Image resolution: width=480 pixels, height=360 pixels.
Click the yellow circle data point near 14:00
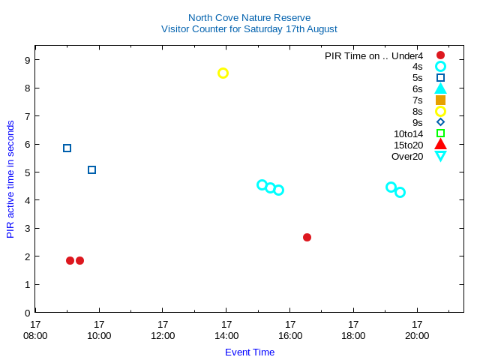[x=223, y=73]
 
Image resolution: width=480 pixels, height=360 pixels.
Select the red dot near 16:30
[x=307, y=237]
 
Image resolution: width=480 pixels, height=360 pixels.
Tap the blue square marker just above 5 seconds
[x=91, y=170]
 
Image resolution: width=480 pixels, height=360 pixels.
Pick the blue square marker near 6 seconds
[x=67, y=148]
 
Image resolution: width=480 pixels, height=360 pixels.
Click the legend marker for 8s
[x=440, y=111]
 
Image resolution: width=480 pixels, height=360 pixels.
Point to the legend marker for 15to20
[x=440, y=145]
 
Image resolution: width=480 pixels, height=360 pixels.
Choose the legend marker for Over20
[x=440, y=156]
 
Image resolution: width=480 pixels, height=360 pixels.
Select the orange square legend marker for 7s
[x=440, y=100]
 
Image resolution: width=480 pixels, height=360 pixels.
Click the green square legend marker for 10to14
[x=440, y=133]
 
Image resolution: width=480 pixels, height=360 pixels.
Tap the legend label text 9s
[x=417, y=122]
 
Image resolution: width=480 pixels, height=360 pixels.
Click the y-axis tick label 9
[x=27, y=60]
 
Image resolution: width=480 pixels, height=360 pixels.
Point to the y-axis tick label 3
[x=27, y=229]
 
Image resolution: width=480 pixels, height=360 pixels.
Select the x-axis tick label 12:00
[x=163, y=335]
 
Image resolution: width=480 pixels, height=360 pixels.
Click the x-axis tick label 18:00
[x=353, y=335]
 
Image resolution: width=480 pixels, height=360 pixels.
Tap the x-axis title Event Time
[x=250, y=352]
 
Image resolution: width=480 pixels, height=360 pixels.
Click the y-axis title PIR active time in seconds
[x=10, y=179]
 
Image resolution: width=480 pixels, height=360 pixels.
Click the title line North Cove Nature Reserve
[x=249, y=17]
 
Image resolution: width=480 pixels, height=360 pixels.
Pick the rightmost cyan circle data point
[x=400, y=192]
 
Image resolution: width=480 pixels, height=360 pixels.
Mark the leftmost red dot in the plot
[x=70, y=260]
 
